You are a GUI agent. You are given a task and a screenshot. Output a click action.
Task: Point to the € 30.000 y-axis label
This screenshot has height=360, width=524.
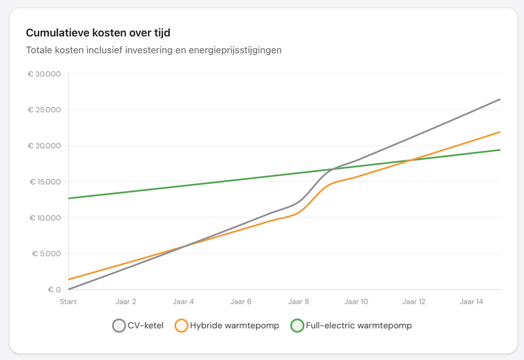[44, 74]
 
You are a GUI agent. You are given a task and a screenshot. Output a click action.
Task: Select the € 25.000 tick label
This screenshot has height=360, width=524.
[44, 110]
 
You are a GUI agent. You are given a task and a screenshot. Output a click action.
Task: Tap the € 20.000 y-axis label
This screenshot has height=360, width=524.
[44, 146]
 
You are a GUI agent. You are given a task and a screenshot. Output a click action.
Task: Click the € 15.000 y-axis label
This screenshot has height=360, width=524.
[44, 182]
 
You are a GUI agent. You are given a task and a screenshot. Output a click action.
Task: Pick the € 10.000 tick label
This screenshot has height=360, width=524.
[44, 218]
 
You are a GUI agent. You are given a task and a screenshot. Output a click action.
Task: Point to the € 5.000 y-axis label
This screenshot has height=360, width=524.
[46, 254]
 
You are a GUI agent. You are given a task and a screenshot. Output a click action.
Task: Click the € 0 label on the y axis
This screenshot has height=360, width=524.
[54, 290]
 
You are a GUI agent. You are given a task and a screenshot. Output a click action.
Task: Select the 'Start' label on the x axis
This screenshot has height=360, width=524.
[68, 302]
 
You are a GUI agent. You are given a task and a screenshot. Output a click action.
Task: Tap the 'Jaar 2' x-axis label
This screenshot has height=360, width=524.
[126, 302]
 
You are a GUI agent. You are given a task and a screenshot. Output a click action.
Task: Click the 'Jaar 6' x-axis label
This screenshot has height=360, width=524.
[241, 302]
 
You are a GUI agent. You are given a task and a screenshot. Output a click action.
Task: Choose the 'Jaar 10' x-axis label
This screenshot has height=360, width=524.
[356, 302]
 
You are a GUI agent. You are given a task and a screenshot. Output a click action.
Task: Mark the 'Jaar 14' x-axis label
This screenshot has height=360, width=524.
[472, 302]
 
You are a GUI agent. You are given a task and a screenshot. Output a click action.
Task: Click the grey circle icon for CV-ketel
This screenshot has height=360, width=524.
[119, 325]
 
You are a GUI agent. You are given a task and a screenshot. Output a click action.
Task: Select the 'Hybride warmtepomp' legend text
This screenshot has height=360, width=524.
[234, 325]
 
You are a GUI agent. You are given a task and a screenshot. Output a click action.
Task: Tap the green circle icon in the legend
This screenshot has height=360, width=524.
[297, 325]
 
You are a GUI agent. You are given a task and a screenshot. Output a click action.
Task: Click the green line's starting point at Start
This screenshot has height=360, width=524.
[69, 198]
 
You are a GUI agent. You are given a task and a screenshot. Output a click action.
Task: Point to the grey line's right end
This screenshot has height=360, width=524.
[500, 99]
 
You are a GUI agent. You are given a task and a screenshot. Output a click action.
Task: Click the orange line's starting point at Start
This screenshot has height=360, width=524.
[69, 279]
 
